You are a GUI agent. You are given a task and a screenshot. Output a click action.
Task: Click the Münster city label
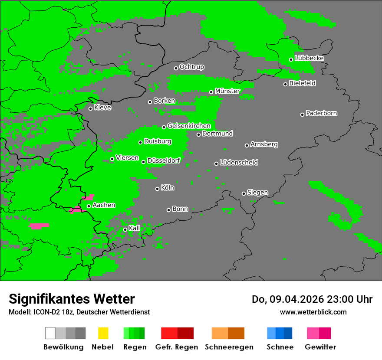pyautogui.click(x=227, y=91)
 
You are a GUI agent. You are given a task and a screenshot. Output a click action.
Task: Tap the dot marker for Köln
pyautogui.click(x=157, y=189)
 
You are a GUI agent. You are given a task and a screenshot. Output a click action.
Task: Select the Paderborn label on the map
pyautogui.click(x=321, y=113)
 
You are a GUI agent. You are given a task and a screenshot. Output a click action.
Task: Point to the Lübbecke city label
pyautogui.click(x=309, y=58)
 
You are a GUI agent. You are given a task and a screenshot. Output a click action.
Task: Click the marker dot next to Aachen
pyautogui.click(x=89, y=206)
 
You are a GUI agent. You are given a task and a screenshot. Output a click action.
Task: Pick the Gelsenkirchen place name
pyautogui.click(x=189, y=126)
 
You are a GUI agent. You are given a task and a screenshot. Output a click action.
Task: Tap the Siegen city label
pyautogui.click(x=257, y=193)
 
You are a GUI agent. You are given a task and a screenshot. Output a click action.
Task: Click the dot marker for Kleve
pyautogui.click(x=90, y=108)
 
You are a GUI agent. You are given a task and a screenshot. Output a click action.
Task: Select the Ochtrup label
pyautogui.click(x=191, y=67)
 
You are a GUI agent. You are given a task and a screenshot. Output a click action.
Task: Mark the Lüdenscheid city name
pyautogui.click(x=239, y=163)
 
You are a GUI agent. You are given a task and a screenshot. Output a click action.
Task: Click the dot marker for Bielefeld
pyautogui.click(x=285, y=84)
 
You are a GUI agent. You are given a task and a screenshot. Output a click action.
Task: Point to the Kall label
pyautogui.click(x=134, y=228)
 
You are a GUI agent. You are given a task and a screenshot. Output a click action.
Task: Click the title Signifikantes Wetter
pyautogui.click(x=72, y=299)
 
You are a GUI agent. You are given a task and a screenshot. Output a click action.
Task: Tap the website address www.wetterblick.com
pyautogui.click(x=313, y=312)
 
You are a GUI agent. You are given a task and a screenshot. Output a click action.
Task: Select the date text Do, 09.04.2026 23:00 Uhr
pyautogui.click(x=312, y=299)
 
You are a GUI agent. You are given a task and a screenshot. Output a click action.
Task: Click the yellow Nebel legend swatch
pyautogui.click(x=103, y=333)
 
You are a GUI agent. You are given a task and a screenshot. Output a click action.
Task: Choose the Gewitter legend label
pyautogui.click(x=320, y=347)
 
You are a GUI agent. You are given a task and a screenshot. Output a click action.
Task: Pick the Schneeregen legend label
pyautogui.click(x=229, y=347)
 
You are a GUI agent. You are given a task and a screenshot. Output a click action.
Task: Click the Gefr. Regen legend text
pyautogui.click(x=177, y=347)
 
